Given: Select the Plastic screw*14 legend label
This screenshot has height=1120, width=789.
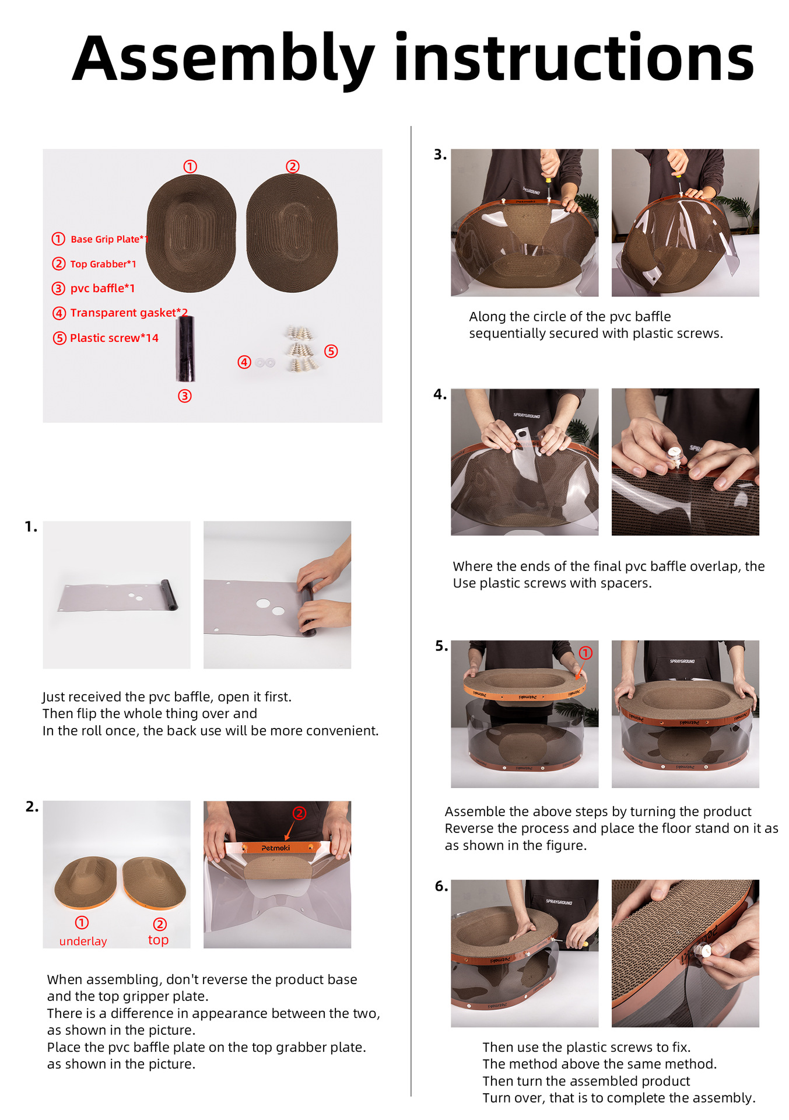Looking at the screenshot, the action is pyautogui.click(x=114, y=338).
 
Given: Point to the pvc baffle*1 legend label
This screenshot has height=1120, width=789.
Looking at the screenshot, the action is pyautogui.click(x=103, y=288).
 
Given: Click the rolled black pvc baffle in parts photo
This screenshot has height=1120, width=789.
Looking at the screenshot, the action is pyautogui.click(x=185, y=349).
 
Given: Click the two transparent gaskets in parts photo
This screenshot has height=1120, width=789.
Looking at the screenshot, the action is pyautogui.click(x=265, y=363).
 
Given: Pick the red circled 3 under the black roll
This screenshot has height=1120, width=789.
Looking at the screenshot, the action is pyautogui.click(x=185, y=396).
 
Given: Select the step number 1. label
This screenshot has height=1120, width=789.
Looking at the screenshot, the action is pyautogui.click(x=31, y=527).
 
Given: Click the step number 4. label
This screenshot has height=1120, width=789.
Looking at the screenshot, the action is pyautogui.click(x=440, y=395).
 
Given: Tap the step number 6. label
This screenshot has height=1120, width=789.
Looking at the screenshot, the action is pyautogui.click(x=441, y=887).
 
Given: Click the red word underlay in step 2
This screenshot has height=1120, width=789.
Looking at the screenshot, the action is pyautogui.click(x=83, y=941).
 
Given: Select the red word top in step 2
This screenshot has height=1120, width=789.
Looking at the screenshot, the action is pyautogui.click(x=158, y=940).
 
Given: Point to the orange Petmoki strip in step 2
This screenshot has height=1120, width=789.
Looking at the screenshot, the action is pyautogui.click(x=277, y=848).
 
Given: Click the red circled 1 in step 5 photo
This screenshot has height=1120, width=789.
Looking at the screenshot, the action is pyautogui.click(x=585, y=653).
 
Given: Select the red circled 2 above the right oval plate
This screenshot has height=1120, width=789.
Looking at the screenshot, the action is pyautogui.click(x=293, y=166).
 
